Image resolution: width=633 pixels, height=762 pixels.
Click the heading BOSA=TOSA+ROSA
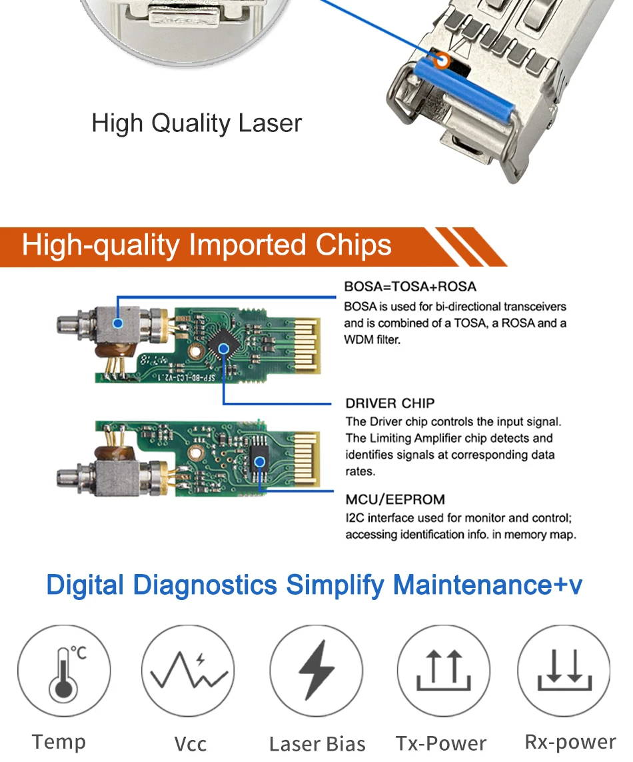(410, 287)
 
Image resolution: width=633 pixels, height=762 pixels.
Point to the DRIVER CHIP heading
(390, 403)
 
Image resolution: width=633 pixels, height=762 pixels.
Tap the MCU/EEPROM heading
(395, 499)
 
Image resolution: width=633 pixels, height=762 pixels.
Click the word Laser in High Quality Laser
(270, 123)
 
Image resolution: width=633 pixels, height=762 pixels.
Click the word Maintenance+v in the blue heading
(487, 585)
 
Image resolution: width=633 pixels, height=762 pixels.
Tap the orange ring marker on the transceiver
(442, 61)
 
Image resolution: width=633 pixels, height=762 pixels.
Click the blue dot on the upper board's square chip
(223, 349)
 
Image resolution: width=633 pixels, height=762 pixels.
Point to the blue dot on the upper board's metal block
(117, 323)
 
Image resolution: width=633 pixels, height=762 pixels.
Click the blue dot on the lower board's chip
(260, 462)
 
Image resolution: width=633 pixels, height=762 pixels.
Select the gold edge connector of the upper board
(307, 345)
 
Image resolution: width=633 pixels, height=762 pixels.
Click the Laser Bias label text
(317, 744)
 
